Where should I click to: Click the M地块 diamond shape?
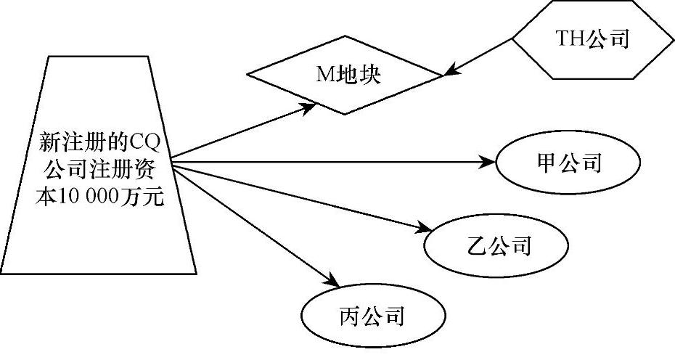tap(345, 75)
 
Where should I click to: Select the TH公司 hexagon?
tap(592, 40)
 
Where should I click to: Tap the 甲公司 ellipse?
tap(568, 163)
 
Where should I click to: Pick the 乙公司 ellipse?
tap(495, 246)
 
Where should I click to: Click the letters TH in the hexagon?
tap(568, 40)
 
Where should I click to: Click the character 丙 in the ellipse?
tap(348, 316)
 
